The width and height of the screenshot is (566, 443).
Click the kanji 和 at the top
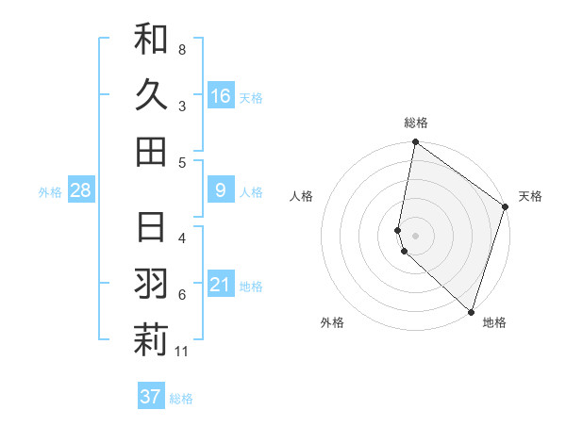pos(151,39)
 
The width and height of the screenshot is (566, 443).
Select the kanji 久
pos(151,94)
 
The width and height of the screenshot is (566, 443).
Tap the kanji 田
pos(151,151)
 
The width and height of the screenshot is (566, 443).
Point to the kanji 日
pos(151,227)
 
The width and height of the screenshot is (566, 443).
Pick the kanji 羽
pos(151,284)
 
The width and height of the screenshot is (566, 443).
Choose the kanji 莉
pos(151,340)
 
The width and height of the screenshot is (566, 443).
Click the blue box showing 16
pos(221,95)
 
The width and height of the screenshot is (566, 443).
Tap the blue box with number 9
pos(221,190)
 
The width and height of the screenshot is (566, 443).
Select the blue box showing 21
pos(221,285)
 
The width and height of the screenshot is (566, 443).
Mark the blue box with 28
pos(81,190)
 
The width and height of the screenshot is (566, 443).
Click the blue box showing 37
pos(151,397)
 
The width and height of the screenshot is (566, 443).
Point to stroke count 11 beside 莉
pos(182,353)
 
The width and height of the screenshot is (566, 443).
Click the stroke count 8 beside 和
pos(182,49)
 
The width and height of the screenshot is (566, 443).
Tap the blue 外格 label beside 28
pos(50,192)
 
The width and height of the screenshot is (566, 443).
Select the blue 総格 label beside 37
pos(181,399)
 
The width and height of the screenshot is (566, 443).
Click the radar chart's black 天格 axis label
pos(530,196)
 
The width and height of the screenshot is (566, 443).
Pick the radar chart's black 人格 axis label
pos(302,196)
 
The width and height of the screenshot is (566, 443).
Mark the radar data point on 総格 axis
pos(415,143)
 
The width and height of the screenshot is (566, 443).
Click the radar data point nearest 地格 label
pos(471,311)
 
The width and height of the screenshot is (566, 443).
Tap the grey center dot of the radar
pos(415,235)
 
